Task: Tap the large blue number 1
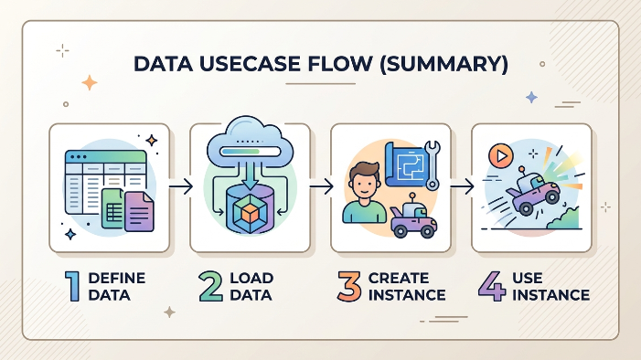pos(73,287)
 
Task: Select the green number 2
pos(210,287)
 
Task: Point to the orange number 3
pos(349,287)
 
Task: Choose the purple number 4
pos(492,287)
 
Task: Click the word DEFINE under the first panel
pos(117,278)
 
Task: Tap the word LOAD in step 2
pos(251,278)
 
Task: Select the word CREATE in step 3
pos(399,278)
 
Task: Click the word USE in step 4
pos(528,278)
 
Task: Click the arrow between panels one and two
pos(181,186)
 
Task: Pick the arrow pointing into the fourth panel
pos(462,186)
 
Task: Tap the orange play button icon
pos(501,156)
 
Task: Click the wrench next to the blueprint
pos(433,165)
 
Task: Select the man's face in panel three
pos(363,185)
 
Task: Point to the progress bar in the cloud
pos(251,152)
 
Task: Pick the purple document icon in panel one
pos(139,212)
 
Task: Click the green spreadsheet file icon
pos(113,208)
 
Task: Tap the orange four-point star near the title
pos(89,83)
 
